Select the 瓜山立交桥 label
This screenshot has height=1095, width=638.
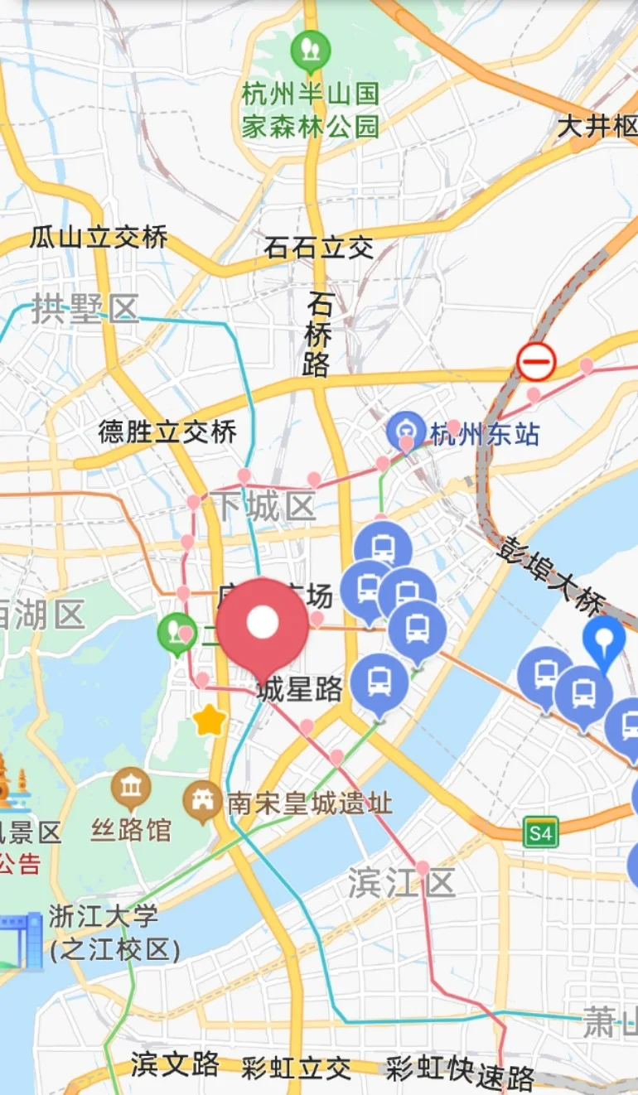(x=99, y=238)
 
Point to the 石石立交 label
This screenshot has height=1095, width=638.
(x=319, y=247)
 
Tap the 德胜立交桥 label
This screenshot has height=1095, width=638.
(x=167, y=432)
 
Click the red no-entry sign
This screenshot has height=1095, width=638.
(x=536, y=362)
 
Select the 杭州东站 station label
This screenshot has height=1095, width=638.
(x=486, y=433)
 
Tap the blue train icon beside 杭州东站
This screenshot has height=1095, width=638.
(x=407, y=432)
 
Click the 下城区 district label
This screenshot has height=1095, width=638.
(x=263, y=505)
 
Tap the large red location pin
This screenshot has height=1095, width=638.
(x=263, y=625)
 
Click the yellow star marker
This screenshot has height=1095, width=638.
(x=210, y=721)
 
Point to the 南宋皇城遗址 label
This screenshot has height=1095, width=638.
(x=309, y=803)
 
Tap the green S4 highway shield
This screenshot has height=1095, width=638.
(x=540, y=832)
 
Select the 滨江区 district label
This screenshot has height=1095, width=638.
(x=401, y=883)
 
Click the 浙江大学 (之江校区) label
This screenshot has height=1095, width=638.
(x=114, y=933)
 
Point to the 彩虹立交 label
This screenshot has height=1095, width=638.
(x=296, y=1068)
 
